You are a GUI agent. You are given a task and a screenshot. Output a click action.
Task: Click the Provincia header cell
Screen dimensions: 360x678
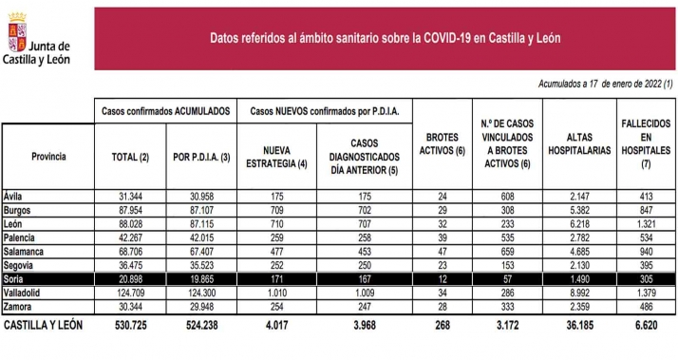[48, 155]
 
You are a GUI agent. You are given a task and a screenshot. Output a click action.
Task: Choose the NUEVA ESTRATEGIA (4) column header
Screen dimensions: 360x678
[277, 156]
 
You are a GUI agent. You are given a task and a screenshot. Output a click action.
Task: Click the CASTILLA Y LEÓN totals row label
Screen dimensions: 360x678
[47, 325]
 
